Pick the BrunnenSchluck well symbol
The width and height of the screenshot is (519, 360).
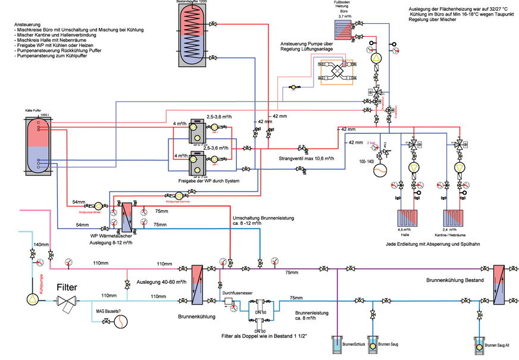[x=337, y=345]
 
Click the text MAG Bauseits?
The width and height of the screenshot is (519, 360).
[x=111, y=311]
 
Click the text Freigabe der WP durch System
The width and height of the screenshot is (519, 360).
[x=204, y=180]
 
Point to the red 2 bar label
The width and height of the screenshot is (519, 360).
[x=373, y=143]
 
